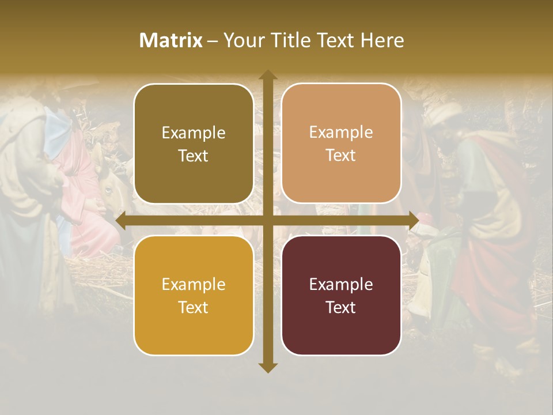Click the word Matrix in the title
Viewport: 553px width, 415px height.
point(171,40)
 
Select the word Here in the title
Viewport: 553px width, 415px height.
point(382,40)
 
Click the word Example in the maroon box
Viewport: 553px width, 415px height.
point(341,284)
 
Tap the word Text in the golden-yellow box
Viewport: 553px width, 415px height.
point(194,307)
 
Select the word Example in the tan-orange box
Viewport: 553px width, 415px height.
point(341,133)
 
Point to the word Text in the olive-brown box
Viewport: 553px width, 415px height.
point(194,156)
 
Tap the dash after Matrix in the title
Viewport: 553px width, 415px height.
point(213,41)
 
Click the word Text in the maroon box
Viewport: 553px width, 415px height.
point(341,307)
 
